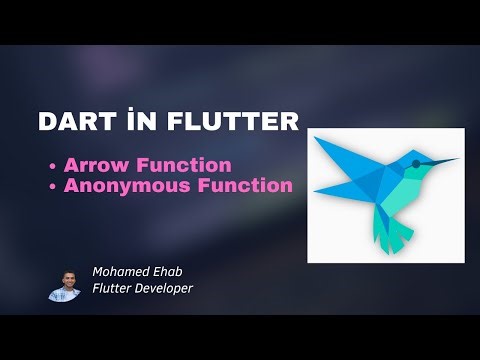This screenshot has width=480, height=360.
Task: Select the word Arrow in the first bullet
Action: tap(93, 165)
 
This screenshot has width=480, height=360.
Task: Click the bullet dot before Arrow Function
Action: tap(51, 166)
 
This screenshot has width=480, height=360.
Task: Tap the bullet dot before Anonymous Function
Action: tap(51, 186)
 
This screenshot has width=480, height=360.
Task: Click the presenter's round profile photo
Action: tap(64, 284)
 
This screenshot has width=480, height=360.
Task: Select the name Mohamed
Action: tap(120, 271)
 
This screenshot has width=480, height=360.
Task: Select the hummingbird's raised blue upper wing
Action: tap(345, 155)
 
